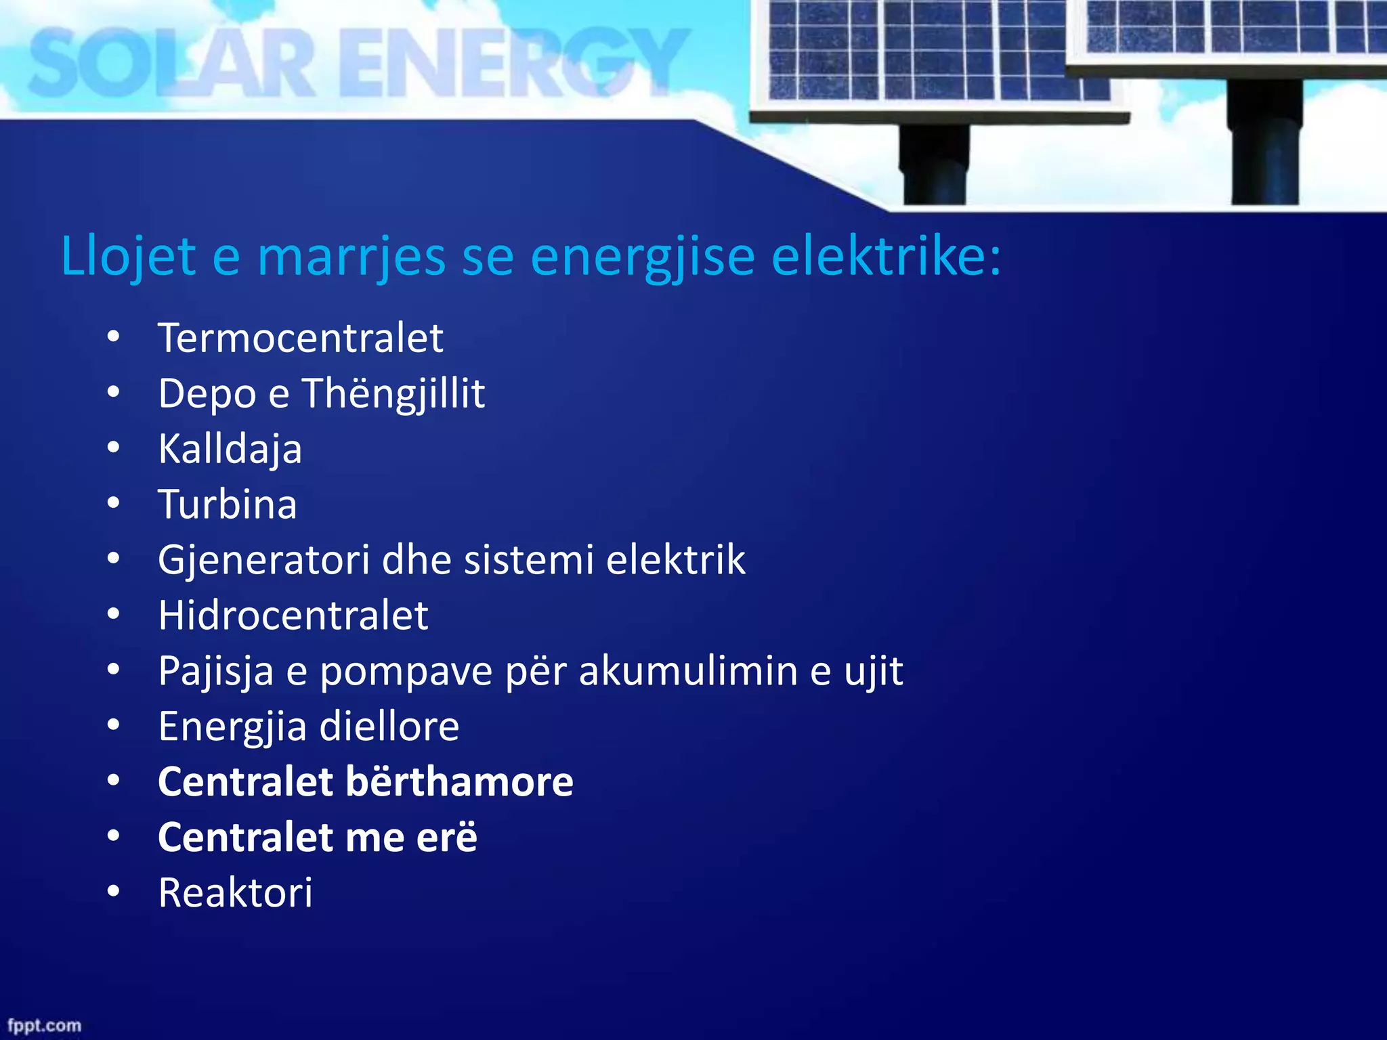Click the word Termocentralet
coord(300,338)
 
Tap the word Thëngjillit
coord(393,394)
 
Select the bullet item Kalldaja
coord(230,450)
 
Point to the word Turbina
coord(228,504)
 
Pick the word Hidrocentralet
coord(293,615)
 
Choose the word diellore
coord(389,727)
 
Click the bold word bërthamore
coord(460,782)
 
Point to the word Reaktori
coord(235,893)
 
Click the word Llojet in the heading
coord(128,257)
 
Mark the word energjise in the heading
coord(642,257)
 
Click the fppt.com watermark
coord(44,1025)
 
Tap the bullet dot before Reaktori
coord(113,892)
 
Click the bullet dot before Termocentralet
coord(113,337)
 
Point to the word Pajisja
coord(216,671)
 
